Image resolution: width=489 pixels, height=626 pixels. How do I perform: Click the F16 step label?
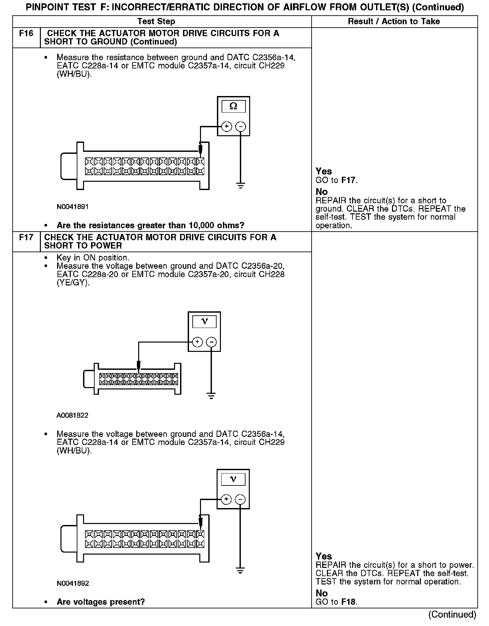(x=26, y=34)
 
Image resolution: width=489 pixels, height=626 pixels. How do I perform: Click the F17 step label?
(x=26, y=238)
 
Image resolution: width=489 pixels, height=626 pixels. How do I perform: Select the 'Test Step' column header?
(x=156, y=22)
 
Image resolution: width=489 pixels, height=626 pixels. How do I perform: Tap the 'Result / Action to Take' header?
(x=394, y=22)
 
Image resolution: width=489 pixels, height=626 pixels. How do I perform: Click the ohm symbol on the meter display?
(x=234, y=106)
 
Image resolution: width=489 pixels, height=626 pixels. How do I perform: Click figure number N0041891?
(x=72, y=207)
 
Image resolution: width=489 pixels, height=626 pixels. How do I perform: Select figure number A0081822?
(x=72, y=415)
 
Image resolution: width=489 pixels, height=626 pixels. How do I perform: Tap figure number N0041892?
(x=72, y=583)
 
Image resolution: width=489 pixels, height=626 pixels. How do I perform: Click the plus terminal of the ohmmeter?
(x=227, y=126)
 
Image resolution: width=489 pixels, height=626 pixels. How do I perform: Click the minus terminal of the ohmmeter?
(x=241, y=126)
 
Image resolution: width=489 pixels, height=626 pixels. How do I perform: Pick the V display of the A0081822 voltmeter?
(x=204, y=321)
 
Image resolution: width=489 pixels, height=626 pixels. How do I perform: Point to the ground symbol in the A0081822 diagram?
(x=211, y=395)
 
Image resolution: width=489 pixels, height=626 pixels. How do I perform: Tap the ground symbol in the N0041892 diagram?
(x=241, y=571)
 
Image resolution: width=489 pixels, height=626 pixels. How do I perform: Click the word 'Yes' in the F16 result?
(x=324, y=171)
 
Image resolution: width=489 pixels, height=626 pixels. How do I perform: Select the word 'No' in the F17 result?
(x=322, y=593)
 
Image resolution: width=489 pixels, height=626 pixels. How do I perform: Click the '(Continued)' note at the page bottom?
(x=452, y=614)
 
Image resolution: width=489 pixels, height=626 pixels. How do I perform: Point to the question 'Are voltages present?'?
(x=101, y=602)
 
